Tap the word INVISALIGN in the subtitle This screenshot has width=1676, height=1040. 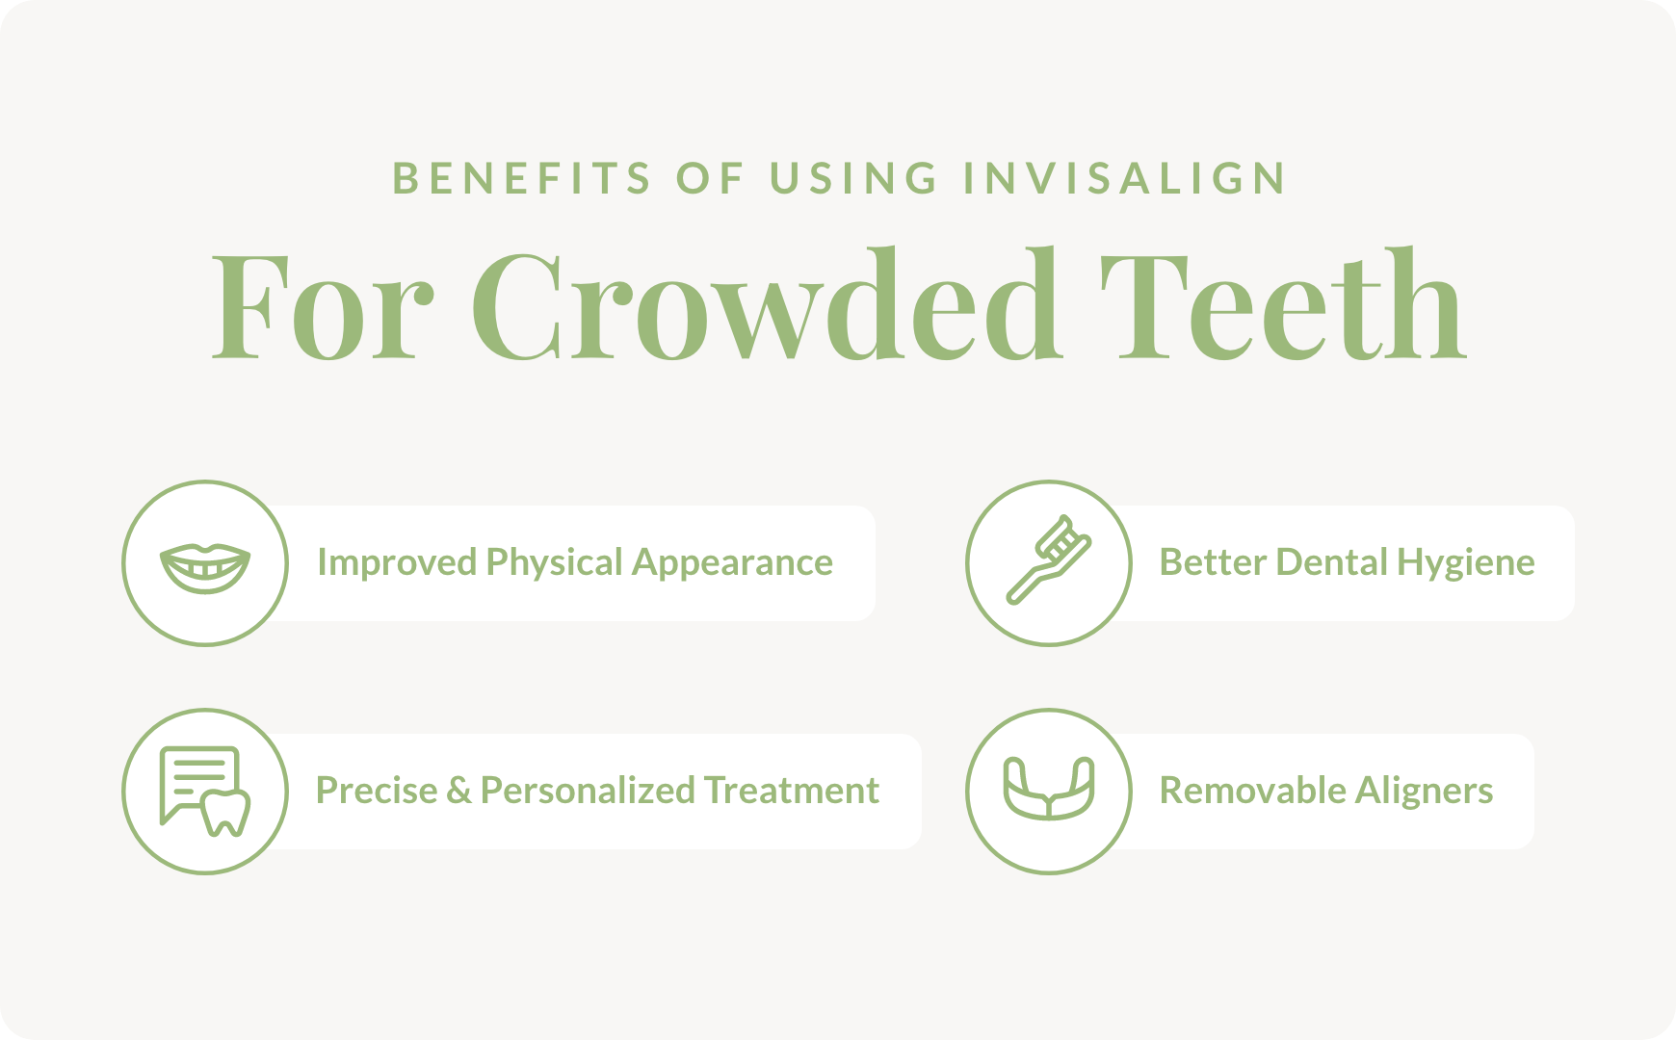pos(1125,178)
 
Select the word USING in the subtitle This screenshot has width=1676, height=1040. pos(853,178)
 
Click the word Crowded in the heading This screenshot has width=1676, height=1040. pos(766,304)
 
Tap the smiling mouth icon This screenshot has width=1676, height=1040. pos(205,568)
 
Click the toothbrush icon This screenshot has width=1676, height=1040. pos(1048,559)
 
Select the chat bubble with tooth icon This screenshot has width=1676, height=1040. pos(204,792)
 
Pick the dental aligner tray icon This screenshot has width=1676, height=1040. pos(1049,789)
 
